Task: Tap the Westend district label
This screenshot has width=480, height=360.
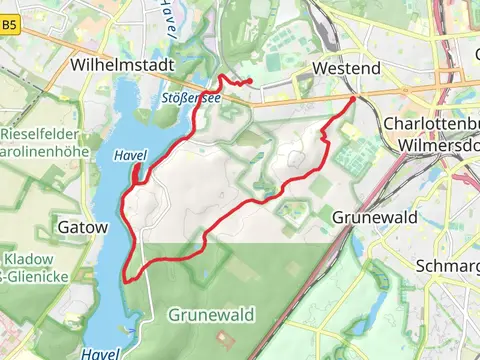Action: click(x=346, y=68)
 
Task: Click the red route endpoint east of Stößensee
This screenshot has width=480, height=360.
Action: click(x=249, y=82)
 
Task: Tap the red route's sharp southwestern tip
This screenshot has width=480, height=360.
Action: click(x=125, y=278)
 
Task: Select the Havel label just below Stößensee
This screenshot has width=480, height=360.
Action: click(x=131, y=156)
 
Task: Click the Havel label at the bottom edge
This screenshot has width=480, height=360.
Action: click(x=101, y=353)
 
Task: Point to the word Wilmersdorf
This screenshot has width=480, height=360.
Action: click(x=438, y=145)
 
